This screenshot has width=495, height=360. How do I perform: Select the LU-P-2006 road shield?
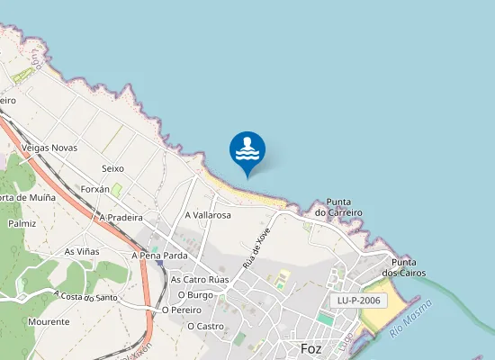click(x=358, y=301)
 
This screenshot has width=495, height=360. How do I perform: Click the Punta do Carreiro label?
click(x=338, y=207)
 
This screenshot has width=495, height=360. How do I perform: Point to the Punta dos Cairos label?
click(x=404, y=266)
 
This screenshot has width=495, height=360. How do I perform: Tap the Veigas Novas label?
click(x=49, y=148)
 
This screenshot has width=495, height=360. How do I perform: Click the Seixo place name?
click(x=112, y=168)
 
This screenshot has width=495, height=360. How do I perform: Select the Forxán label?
click(x=94, y=190)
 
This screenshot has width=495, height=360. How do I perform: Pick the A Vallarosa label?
click(x=208, y=216)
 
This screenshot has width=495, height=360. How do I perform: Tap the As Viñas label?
click(x=82, y=251)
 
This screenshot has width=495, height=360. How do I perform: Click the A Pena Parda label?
click(x=159, y=256)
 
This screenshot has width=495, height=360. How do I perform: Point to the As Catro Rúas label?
click(x=200, y=280)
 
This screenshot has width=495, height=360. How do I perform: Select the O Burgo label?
click(x=194, y=294)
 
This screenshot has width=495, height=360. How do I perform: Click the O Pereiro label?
click(x=181, y=310)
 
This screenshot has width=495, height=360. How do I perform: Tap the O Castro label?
click(x=205, y=326)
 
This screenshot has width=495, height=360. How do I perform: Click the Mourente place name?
click(x=49, y=321)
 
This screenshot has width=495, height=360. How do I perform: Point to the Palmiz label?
click(x=22, y=223)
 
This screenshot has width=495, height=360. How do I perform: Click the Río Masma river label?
click(x=411, y=319)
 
